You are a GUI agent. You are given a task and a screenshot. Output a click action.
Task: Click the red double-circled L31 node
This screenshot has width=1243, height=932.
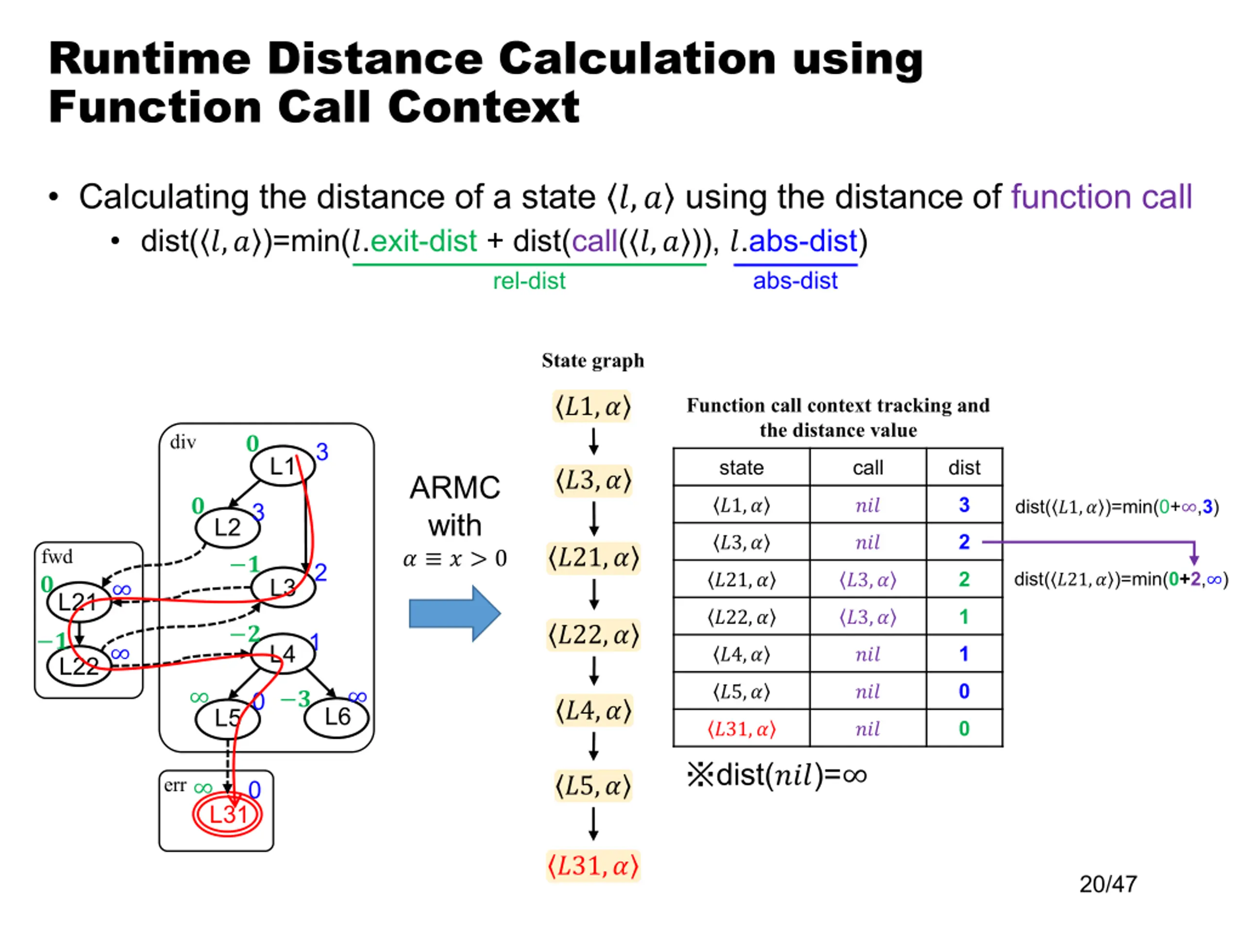[x=227, y=814]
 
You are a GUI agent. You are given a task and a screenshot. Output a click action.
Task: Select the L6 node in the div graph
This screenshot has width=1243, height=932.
[x=336, y=717]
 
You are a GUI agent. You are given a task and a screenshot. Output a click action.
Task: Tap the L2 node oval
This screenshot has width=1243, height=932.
[x=228, y=528]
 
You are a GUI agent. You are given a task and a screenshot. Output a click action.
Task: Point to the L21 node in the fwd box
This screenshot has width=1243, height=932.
[x=79, y=601]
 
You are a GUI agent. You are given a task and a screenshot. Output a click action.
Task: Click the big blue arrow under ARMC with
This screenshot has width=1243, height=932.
[x=454, y=614]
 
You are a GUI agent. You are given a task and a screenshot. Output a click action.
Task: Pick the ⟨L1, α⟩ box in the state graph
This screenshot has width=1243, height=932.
[x=593, y=406]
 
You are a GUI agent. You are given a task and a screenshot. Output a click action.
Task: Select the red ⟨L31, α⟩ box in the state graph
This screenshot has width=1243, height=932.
[x=593, y=865]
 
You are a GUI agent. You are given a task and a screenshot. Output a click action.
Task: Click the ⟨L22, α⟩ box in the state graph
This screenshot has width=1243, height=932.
[x=593, y=635]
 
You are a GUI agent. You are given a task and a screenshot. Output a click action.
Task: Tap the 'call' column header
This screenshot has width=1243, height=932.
[x=868, y=467]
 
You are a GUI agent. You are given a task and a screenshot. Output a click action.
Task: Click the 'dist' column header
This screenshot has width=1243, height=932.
[x=964, y=467]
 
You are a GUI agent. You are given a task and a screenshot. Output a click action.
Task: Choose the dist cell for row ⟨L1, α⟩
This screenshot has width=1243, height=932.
[x=964, y=504]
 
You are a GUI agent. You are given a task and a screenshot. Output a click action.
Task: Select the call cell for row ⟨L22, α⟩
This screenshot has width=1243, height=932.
[x=868, y=617]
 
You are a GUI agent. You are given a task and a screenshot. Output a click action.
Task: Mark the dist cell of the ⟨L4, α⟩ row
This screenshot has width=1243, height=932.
[x=964, y=654]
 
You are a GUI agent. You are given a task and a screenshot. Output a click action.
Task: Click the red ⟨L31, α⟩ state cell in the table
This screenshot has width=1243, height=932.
[x=741, y=729]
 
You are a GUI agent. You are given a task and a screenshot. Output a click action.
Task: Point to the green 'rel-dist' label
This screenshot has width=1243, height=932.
[x=529, y=281]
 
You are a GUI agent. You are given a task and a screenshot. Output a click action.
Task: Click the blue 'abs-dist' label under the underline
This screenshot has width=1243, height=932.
[x=795, y=281]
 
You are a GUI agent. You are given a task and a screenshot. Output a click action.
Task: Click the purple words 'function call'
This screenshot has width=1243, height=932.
[x=1101, y=197]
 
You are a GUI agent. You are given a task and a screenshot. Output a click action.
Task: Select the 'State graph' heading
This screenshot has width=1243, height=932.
[x=593, y=360]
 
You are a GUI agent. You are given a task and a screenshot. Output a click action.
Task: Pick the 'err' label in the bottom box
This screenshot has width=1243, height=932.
[x=175, y=785]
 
